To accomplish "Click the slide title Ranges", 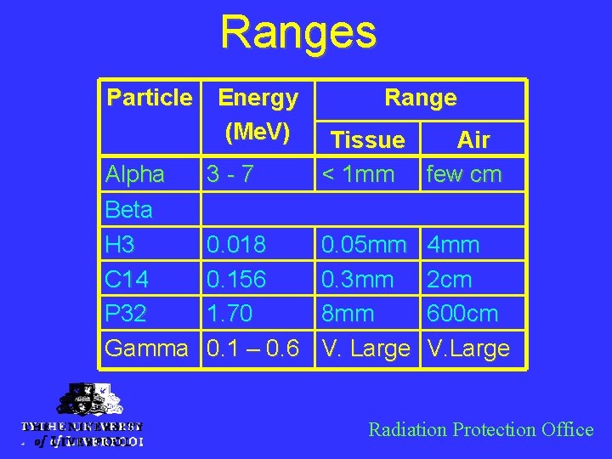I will pos(297,32).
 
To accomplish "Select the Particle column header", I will pos(150,98).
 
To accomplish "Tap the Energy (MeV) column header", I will pos(258,115).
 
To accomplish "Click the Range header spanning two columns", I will pos(420,98).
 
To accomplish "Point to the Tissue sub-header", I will pos(367,139).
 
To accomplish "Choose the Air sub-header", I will pos(473,139).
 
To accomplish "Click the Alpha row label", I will pos(135,174).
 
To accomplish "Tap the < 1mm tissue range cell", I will pos(357,174).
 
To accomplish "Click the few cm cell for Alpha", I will pos(464,174).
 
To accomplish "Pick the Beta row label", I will pos(129,209).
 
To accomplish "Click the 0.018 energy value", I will pos(236,245).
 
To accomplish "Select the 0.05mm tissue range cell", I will pos(363,245).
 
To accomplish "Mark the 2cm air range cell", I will pos(450,280).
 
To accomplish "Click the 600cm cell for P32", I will pos(462,314).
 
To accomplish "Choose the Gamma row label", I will pos(146,348).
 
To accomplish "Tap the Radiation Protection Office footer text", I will pos(480,429).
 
